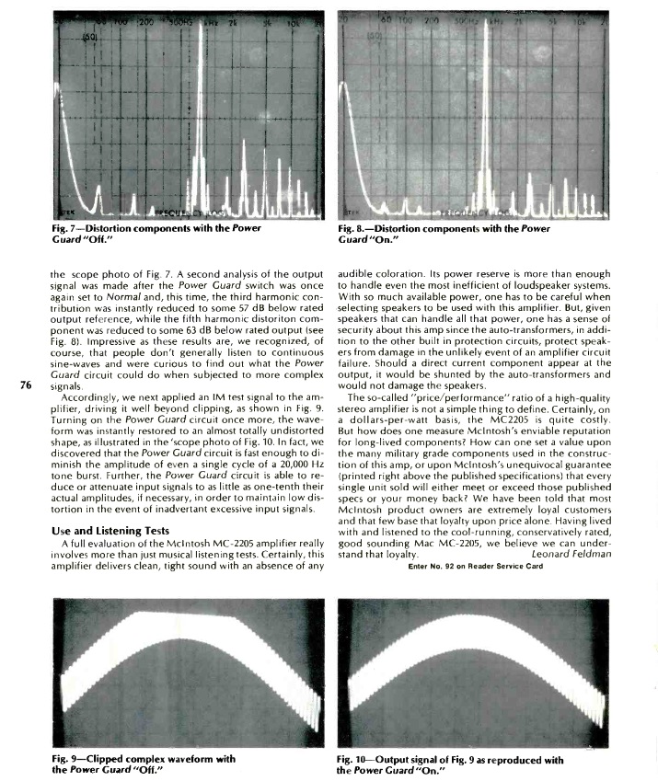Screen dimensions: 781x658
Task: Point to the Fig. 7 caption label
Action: coord(67,226)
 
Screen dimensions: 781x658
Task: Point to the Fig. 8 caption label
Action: coord(352,226)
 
